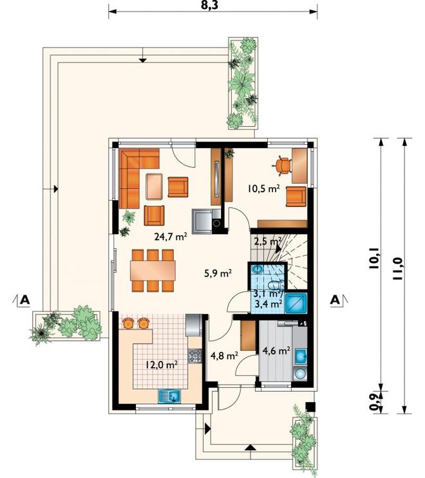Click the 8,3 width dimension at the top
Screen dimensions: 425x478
click(210, 6)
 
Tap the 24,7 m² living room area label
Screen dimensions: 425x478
click(171, 237)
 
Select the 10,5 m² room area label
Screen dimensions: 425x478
click(263, 188)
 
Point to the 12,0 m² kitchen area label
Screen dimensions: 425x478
click(162, 365)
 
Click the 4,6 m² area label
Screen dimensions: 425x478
click(276, 351)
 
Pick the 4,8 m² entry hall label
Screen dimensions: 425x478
click(224, 356)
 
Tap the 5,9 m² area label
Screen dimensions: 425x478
click(218, 273)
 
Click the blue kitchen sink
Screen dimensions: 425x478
click(169, 396)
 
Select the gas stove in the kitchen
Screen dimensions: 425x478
click(195, 356)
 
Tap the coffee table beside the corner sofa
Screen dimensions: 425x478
click(154, 187)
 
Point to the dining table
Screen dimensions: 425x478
click(153, 270)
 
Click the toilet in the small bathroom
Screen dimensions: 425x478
click(276, 285)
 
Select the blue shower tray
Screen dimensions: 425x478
click(296, 303)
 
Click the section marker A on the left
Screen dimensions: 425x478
click(24, 300)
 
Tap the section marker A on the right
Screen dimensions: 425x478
click(335, 300)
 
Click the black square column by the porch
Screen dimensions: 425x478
click(310, 407)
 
